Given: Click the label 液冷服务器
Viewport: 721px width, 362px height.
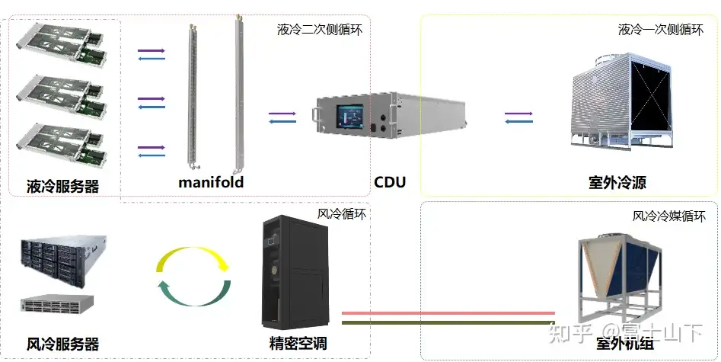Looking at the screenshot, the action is click(x=63, y=185).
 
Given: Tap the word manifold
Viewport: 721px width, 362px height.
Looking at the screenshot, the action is click(x=211, y=182).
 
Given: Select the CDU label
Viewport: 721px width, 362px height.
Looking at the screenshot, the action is click(x=390, y=182).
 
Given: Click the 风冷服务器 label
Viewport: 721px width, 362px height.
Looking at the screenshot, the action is click(x=62, y=344).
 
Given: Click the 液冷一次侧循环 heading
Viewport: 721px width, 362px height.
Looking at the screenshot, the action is click(x=661, y=30).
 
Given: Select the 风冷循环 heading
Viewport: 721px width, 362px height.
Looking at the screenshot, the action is click(x=342, y=214).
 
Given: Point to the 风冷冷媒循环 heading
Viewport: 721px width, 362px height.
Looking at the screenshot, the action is click(x=675, y=216).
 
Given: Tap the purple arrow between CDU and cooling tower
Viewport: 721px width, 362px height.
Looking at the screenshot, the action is click(x=518, y=114).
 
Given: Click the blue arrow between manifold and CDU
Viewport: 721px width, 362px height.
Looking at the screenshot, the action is click(x=282, y=121).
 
